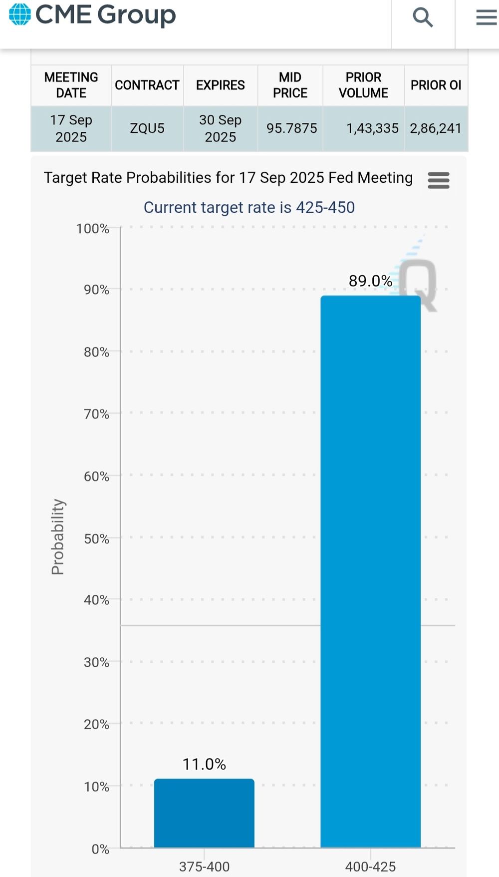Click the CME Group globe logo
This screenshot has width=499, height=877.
tap(20, 14)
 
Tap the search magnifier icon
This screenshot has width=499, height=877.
tap(423, 17)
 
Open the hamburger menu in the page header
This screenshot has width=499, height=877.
tap(486, 17)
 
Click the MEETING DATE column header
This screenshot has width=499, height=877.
tap(71, 85)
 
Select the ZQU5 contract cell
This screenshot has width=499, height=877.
tap(147, 128)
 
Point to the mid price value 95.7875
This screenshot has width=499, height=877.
tap(291, 128)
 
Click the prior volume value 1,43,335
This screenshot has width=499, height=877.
tap(372, 128)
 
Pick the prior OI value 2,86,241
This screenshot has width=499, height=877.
tap(436, 128)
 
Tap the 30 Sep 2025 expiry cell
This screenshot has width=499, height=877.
tap(220, 128)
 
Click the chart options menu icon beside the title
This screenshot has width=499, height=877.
tap(439, 180)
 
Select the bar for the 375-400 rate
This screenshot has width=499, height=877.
tap(204, 813)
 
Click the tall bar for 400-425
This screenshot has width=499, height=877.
tap(371, 571)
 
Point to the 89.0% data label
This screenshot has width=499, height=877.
tap(370, 281)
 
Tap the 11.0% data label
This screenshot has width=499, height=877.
tap(204, 764)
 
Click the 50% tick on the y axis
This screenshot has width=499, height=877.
tap(96, 538)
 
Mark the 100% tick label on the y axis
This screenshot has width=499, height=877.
tap(92, 229)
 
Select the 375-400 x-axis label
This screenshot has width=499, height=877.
tap(205, 867)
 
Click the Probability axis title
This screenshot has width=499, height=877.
tap(58, 537)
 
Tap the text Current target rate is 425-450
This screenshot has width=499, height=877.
tap(249, 207)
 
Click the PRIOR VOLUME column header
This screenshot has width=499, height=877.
tap(363, 85)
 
